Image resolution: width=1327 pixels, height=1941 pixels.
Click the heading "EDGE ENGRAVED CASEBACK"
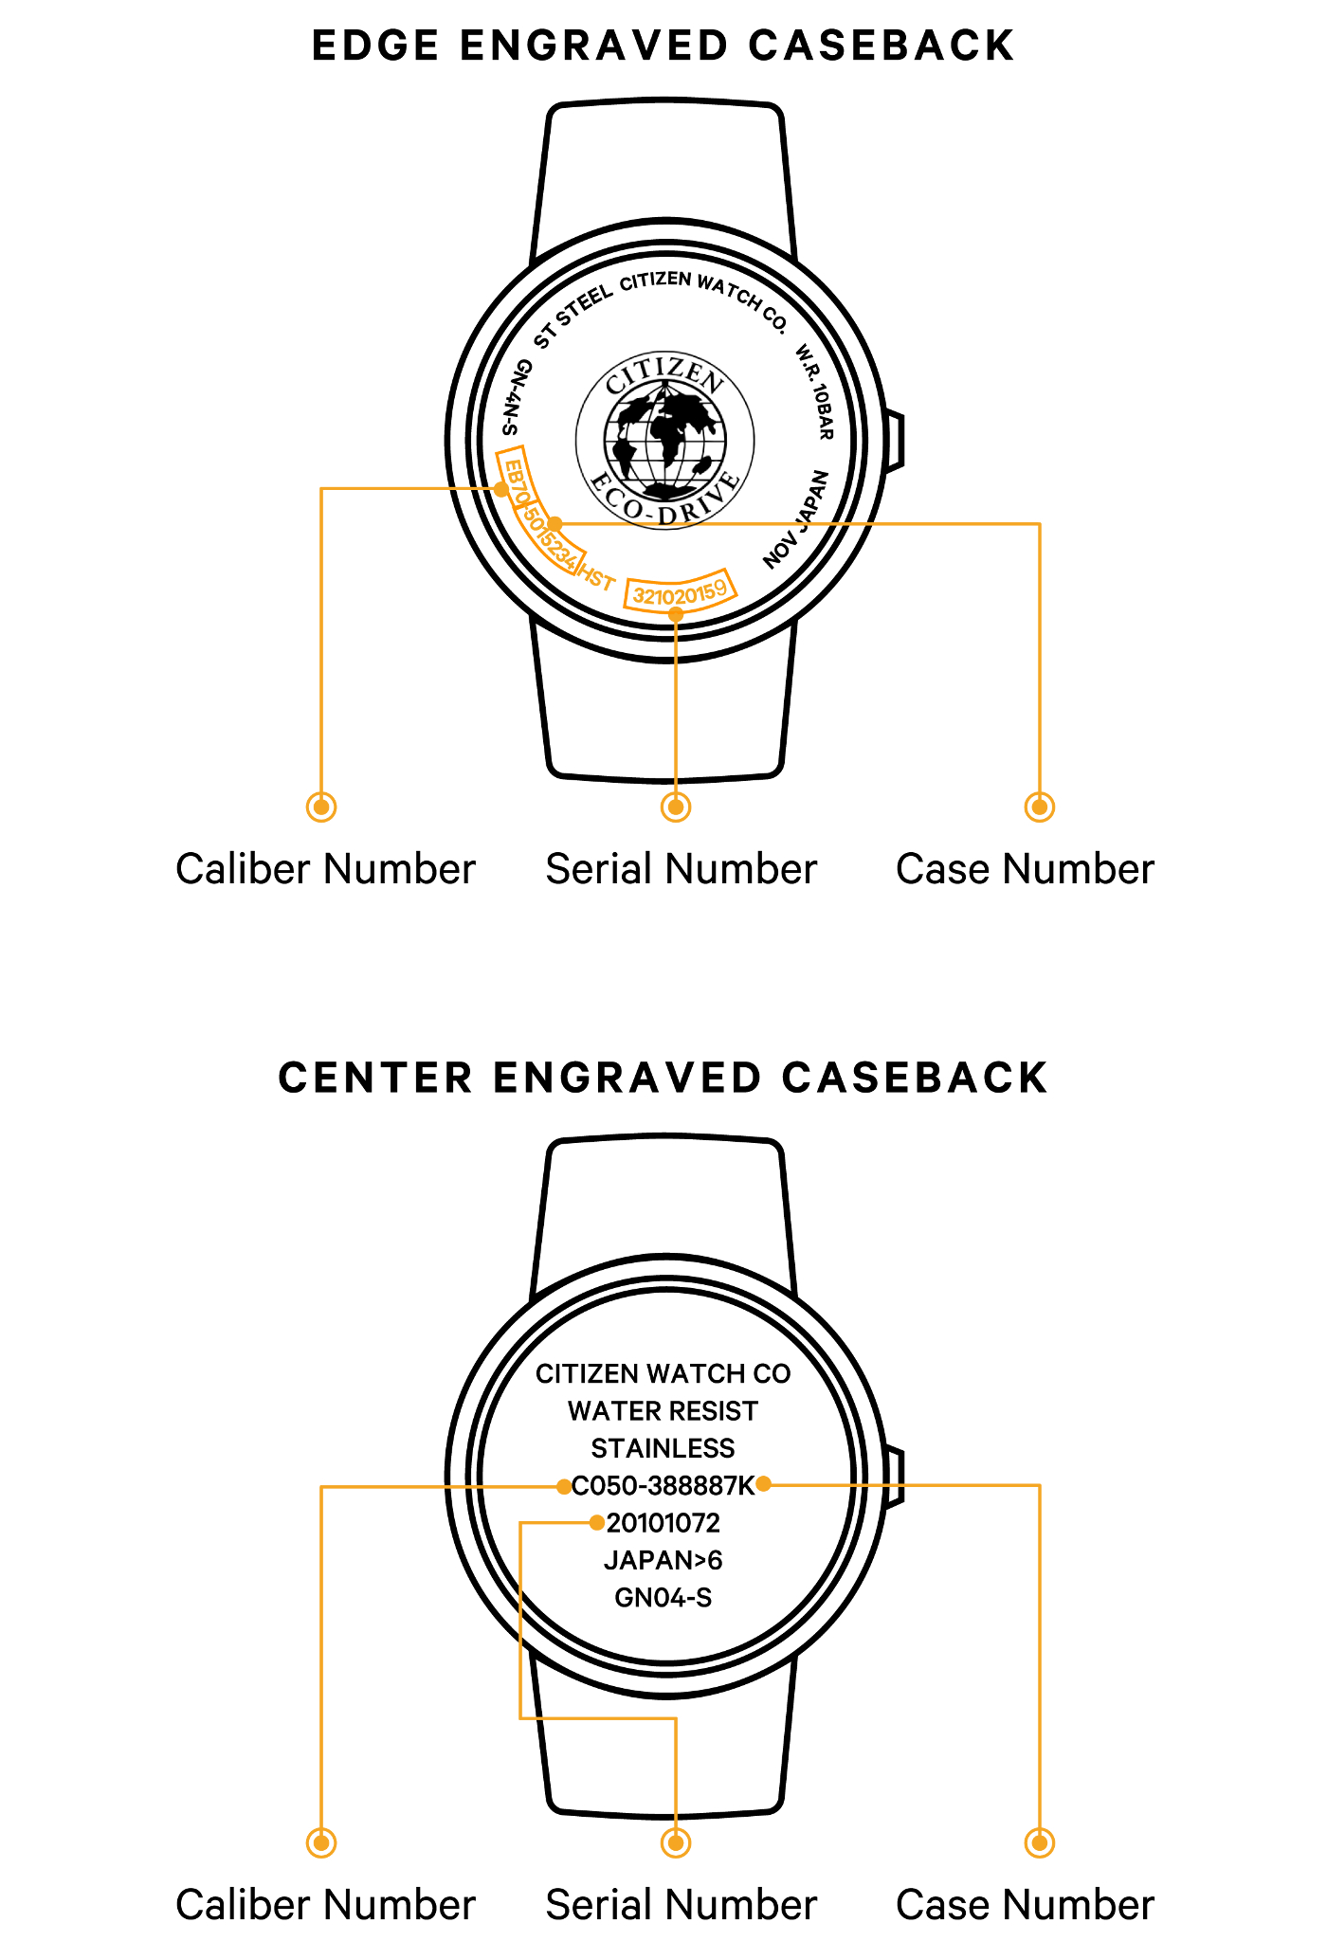click(663, 46)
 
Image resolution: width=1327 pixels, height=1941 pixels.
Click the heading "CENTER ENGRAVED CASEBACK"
click(663, 1079)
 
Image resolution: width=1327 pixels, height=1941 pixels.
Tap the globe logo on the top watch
click(665, 441)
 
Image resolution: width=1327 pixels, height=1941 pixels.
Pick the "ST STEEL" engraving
click(573, 317)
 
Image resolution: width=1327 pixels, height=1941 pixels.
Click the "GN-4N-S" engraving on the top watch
click(517, 398)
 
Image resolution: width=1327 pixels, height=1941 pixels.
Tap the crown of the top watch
click(894, 440)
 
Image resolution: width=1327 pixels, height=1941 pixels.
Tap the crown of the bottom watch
click(894, 1477)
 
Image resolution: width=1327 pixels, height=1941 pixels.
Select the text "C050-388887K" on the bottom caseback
click(663, 1486)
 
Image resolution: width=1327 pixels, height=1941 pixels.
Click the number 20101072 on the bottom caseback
click(663, 1523)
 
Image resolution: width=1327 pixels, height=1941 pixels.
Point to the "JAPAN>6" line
click(663, 1560)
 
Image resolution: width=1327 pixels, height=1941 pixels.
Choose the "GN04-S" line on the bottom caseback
click(663, 1598)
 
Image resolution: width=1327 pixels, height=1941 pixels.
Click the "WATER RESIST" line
click(663, 1411)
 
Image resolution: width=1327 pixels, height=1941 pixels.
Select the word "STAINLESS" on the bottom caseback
click(663, 1448)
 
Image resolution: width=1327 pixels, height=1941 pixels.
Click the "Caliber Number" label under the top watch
click(325, 869)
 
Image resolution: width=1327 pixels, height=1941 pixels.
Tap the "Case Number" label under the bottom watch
click(1025, 1905)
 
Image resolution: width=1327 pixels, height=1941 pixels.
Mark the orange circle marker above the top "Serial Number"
click(676, 807)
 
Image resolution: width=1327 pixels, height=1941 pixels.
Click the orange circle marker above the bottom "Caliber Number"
click(322, 1843)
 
